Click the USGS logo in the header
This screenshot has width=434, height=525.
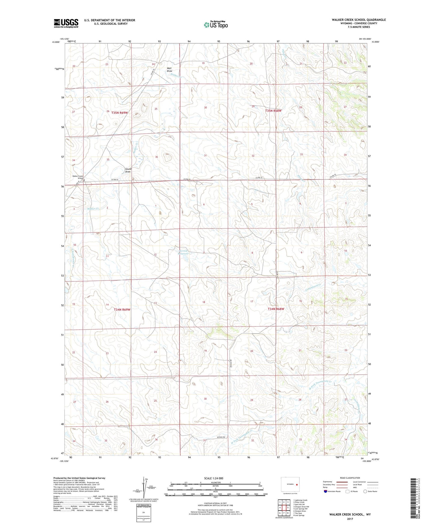pyautogui.click(x=66, y=23)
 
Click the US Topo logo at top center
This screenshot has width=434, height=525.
pyautogui.click(x=215, y=25)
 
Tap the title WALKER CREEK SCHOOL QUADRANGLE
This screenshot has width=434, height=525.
pyautogui.click(x=359, y=20)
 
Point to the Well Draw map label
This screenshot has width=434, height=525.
pyautogui.click(x=170, y=69)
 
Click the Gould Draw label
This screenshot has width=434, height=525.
pyautogui.click(x=128, y=170)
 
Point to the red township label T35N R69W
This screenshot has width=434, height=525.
pyautogui.click(x=120, y=113)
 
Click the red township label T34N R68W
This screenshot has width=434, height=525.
pyautogui.click(x=276, y=309)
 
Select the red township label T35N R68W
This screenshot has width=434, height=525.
pyautogui.click(x=273, y=111)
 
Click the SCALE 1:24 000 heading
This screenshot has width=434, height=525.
pyautogui.click(x=214, y=478)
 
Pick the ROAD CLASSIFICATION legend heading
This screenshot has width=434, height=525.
pyautogui.click(x=350, y=478)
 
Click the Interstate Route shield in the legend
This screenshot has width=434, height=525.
pyautogui.click(x=326, y=491)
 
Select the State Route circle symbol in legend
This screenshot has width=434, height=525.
pyautogui.click(x=365, y=491)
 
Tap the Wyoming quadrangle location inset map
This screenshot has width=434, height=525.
pyautogui.click(x=290, y=484)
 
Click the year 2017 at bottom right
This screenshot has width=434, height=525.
pyautogui.click(x=350, y=519)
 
